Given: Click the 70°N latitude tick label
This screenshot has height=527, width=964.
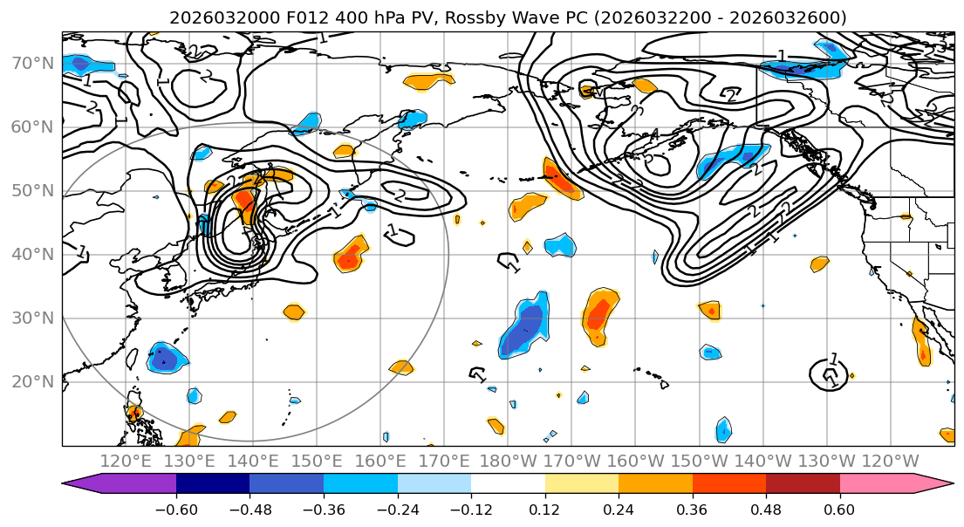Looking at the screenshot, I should tap(33, 63).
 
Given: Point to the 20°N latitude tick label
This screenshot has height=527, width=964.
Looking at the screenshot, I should tap(33, 381).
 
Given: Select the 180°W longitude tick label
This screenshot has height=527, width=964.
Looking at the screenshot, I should tap(509, 461).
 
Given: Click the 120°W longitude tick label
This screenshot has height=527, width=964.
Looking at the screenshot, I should tap(891, 461).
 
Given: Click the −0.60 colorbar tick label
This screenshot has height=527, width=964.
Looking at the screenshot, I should tap(176, 509).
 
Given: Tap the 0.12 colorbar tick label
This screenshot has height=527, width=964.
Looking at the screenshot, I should tap(544, 509).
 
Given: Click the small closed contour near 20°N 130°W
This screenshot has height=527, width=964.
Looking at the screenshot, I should tap(828, 374).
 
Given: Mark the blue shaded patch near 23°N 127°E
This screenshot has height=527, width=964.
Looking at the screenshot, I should tap(163, 357).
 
